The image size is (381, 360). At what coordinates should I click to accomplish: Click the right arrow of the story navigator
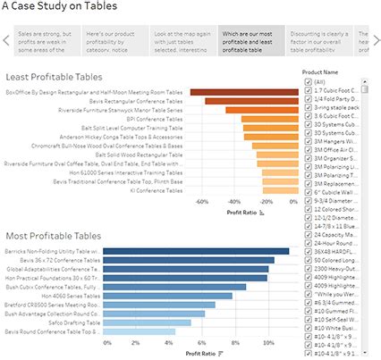374,39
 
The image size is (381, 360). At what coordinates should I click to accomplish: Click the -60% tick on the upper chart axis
202,201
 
